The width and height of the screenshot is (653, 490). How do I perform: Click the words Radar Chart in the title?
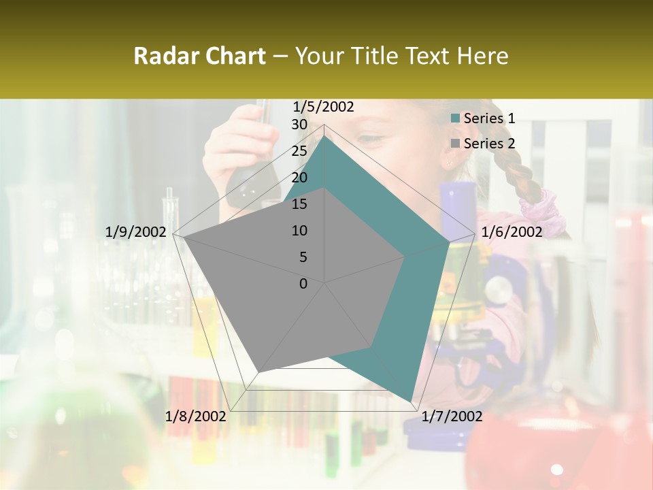(x=199, y=56)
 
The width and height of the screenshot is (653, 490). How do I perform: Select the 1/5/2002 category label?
(x=324, y=107)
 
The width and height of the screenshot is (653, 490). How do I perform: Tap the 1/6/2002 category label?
(x=512, y=232)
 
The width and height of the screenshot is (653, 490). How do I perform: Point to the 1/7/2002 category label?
(x=452, y=416)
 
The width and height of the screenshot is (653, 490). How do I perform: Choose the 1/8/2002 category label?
(x=196, y=416)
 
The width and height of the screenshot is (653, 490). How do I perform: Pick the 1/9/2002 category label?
(x=136, y=232)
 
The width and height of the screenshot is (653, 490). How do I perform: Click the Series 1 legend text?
(x=489, y=118)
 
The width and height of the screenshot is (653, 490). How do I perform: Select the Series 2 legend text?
(x=489, y=144)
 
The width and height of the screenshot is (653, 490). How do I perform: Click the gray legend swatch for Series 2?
(x=456, y=144)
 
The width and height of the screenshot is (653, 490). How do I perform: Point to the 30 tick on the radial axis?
(x=299, y=125)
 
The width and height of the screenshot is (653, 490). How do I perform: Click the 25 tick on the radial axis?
(x=299, y=151)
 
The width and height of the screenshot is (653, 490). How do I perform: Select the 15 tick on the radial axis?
(x=299, y=204)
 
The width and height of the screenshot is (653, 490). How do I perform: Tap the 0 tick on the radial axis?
(x=303, y=284)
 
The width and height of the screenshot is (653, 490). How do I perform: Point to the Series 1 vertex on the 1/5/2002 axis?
(x=324, y=135)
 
